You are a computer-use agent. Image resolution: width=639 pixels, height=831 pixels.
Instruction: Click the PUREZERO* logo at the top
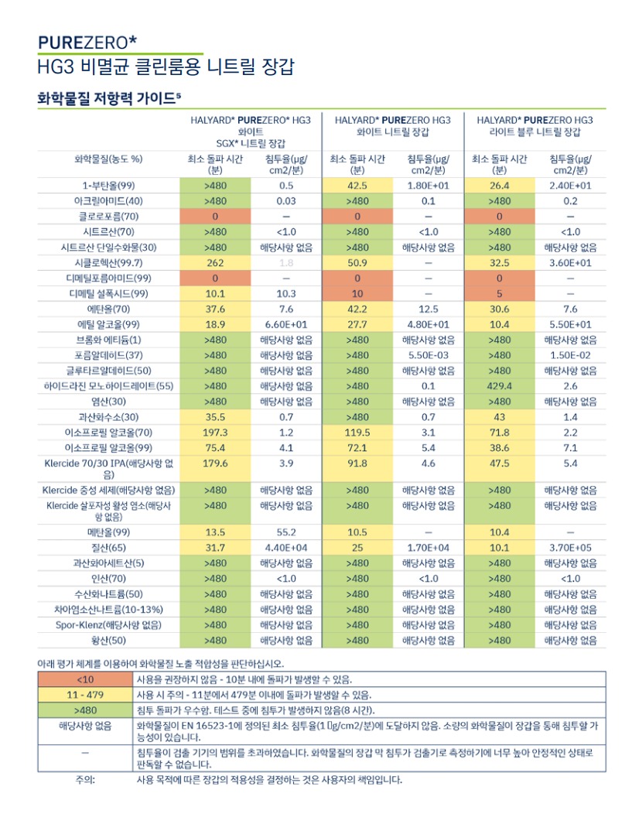87,42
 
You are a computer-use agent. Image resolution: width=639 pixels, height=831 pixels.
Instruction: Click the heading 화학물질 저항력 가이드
109,98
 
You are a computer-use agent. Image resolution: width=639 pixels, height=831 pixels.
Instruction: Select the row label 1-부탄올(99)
108,186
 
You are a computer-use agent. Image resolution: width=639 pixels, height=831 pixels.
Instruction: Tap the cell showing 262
215,263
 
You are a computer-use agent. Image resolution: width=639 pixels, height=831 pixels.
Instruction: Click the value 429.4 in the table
499,386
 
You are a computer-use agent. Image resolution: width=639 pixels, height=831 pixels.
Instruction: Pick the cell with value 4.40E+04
286,548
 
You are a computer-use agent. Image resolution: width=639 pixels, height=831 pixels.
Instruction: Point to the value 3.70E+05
570,548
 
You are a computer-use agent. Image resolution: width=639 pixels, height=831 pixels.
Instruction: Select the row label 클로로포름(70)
108,216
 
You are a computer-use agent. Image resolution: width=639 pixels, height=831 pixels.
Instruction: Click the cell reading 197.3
215,433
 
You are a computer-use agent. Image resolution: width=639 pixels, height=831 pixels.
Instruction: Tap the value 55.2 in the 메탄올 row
286,532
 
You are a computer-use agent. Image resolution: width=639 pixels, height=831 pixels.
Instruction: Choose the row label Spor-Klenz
108,625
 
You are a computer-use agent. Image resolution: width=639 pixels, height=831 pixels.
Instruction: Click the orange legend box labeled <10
85,679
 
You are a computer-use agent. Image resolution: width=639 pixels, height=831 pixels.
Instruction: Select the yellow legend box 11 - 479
85,695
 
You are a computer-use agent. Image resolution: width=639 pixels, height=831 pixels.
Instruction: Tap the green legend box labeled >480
85,710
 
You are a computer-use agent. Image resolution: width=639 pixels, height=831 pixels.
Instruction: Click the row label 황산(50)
108,640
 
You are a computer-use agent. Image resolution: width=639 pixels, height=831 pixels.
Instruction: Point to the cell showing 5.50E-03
428,355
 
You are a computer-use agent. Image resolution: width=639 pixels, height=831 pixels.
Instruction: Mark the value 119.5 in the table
357,433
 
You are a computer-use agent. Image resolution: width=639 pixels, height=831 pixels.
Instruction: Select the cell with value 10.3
286,293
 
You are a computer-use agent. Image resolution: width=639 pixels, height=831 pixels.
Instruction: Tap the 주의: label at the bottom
85,780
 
